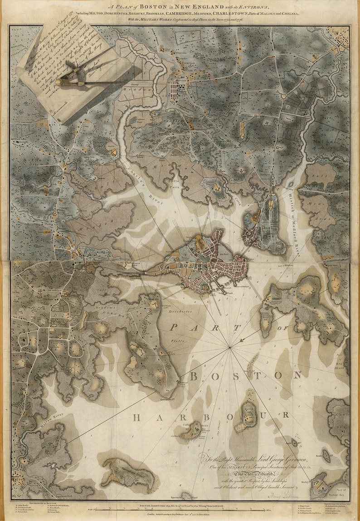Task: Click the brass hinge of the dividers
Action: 59,82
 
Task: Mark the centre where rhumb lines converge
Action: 230,347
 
